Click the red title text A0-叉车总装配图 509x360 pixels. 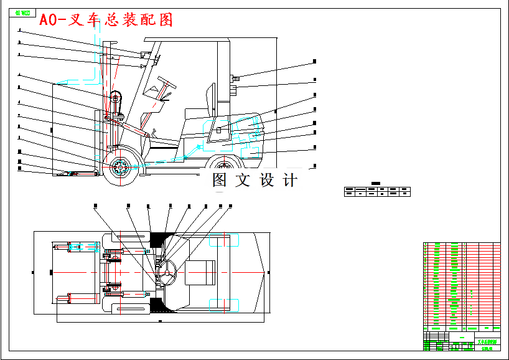click(106, 20)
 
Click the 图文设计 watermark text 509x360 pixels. click(254, 181)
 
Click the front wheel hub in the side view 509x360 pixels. click(119, 167)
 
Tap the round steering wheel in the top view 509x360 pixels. click(167, 272)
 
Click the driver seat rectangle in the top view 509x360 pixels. click(200, 273)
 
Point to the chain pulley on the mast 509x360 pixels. click(115, 98)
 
